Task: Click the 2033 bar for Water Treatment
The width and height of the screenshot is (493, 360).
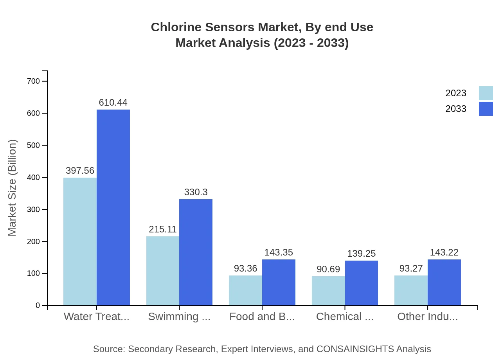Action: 113,207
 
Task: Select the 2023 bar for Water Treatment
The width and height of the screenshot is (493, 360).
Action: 80,241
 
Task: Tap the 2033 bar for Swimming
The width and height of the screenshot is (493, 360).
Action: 196,252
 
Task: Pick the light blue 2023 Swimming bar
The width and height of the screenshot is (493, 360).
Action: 163,271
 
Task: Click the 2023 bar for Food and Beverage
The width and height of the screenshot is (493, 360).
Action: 245,290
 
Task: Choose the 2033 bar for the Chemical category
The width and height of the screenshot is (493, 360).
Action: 361,283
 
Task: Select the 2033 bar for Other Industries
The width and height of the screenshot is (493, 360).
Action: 444,282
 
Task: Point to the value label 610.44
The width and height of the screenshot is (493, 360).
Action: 113,103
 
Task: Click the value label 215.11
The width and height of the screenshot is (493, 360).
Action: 163,229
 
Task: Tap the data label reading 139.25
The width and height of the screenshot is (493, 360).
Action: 361,254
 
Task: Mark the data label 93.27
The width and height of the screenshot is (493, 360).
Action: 411,268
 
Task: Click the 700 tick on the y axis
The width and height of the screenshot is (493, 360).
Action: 34,81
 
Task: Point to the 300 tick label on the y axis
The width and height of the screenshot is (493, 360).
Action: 34,209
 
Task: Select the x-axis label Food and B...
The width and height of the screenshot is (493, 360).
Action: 262,316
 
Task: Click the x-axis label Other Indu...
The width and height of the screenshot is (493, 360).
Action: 427,316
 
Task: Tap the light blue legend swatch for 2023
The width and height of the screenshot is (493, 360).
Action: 486,93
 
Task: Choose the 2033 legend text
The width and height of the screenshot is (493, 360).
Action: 456,109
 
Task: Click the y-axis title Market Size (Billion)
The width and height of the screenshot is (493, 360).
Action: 13,188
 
